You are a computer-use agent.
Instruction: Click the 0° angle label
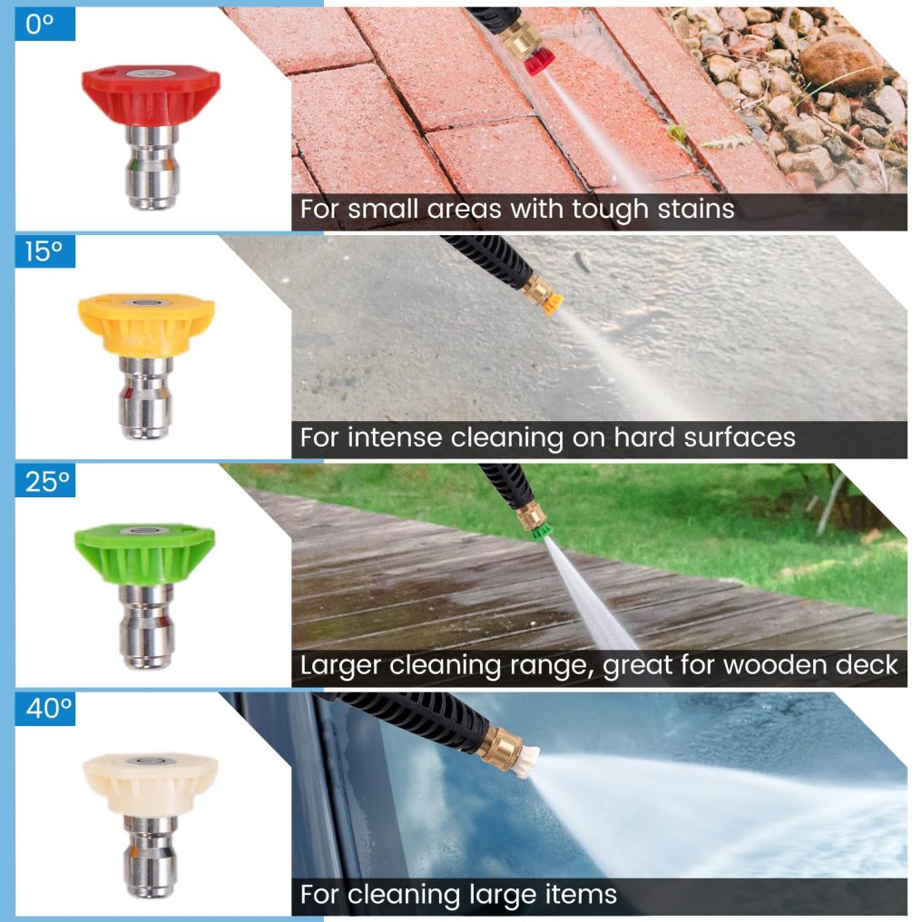pos(39,25)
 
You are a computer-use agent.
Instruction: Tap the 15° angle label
pos(44,251)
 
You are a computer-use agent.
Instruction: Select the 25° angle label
pos(47,481)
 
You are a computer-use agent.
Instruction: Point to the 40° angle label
pos(48,708)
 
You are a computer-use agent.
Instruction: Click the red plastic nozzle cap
pos(151,94)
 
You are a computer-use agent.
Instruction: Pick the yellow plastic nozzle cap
pos(146,325)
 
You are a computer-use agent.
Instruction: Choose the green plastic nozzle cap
pos(144,554)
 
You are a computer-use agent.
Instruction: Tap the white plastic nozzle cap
pos(151,784)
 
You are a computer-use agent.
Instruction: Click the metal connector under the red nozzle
pos(152,167)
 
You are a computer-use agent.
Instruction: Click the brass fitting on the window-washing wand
pos(499,748)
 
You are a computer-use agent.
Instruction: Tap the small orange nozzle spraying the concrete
pos(552,303)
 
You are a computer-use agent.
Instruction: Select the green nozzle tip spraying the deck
pos(542,532)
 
